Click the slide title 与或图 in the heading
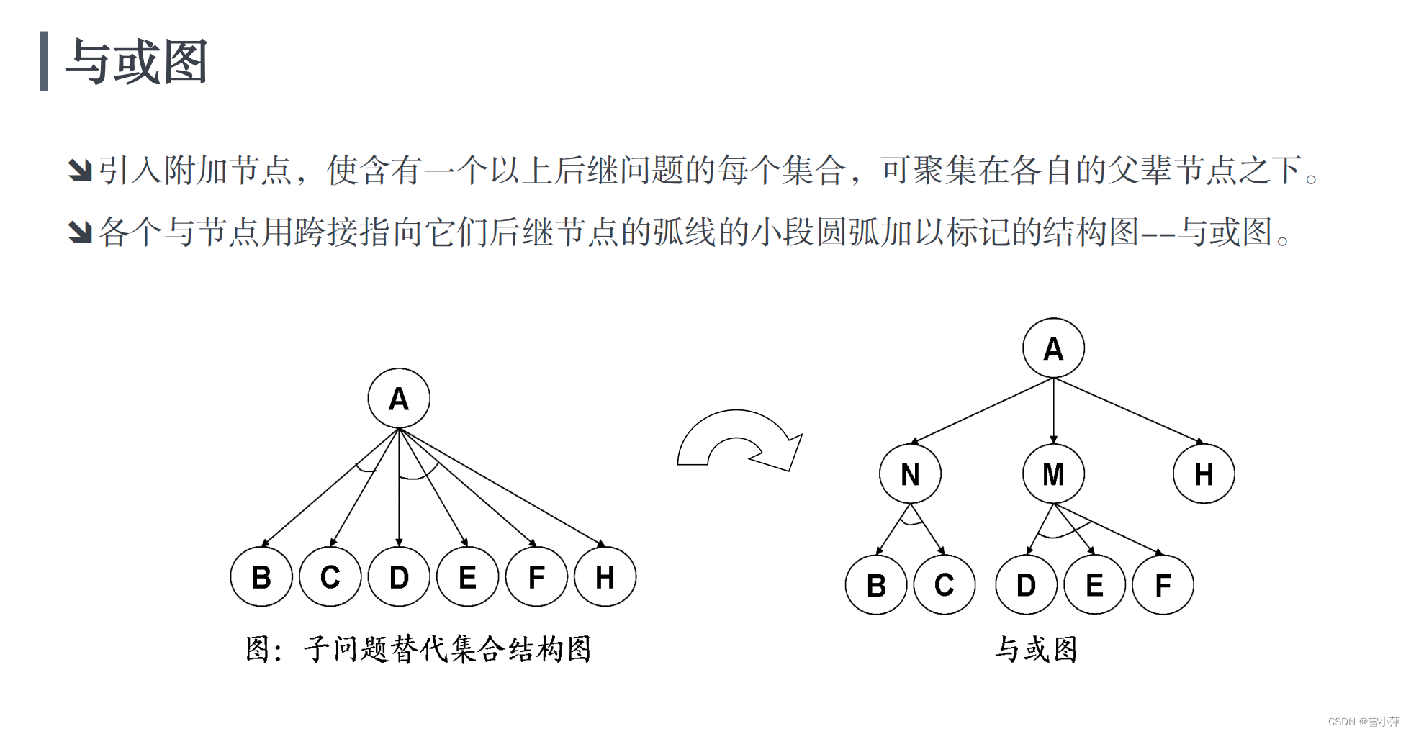tap(137, 62)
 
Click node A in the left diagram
tap(399, 399)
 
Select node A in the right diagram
tap(1053, 348)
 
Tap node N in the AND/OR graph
tap(910, 474)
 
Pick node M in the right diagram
tap(1053, 474)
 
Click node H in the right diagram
tap(1204, 474)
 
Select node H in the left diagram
tap(605, 576)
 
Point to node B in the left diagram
tap(261, 576)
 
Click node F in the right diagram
tap(1163, 585)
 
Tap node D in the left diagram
tap(399, 576)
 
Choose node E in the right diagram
tap(1094, 585)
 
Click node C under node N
tap(944, 585)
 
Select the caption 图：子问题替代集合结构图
tap(418, 649)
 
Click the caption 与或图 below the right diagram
tap(1037, 649)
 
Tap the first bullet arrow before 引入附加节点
tap(80, 171)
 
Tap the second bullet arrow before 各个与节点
tap(80, 232)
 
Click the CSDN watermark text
tap(1363, 721)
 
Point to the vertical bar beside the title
tap(44, 61)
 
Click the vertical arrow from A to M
tap(1053, 410)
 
